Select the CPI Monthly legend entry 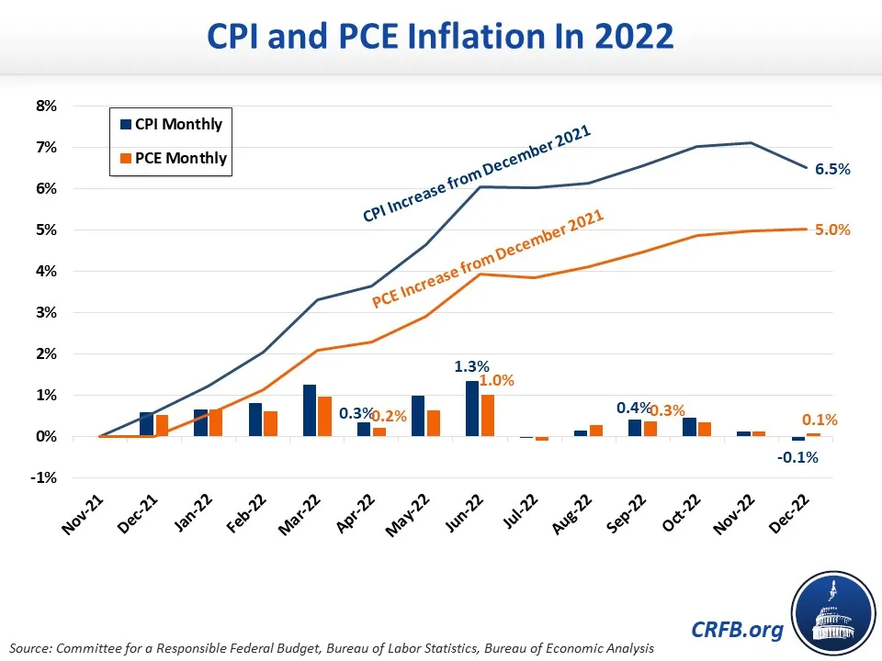pyautogui.click(x=169, y=124)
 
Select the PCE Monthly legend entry pyautogui.click(x=169, y=158)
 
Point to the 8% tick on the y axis pyautogui.click(x=46, y=106)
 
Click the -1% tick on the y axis pyautogui.click(x=46, y=478)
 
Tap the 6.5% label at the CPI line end pyautogui.click(x=832, y=169)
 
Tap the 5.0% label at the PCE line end pyautogui.click(x=832, y=230)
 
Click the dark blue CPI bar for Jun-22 pyautogui.click(x=472, y=409)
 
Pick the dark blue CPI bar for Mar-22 pyautogui.click(x=310, y=411)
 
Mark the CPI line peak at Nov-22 pyautogui.click(x=752, y=142)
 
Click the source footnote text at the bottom pyautogui.click(x=333, y=648)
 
